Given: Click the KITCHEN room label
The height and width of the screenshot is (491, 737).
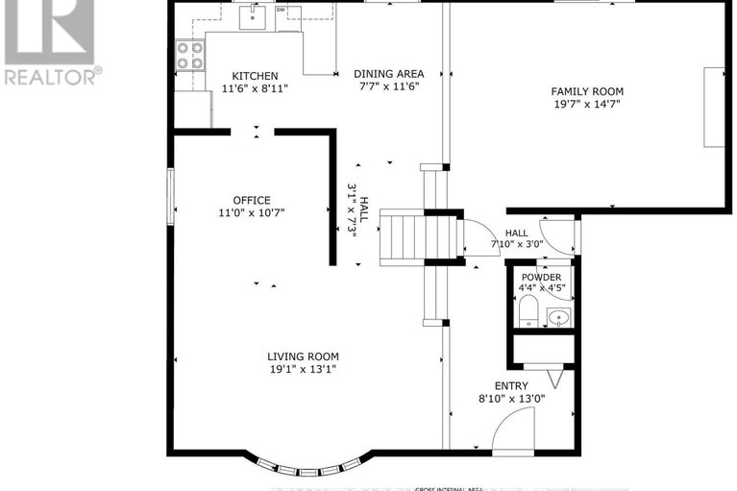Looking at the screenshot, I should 255,76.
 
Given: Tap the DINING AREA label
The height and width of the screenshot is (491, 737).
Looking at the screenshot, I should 387,73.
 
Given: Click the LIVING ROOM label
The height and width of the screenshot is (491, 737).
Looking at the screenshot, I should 303,356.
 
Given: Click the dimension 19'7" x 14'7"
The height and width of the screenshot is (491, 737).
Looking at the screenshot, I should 585,104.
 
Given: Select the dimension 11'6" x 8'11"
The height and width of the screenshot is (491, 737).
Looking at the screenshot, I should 255,88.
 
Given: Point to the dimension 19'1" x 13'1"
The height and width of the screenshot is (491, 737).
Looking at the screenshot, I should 303,369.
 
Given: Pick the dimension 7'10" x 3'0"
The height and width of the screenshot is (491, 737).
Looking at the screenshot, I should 517,244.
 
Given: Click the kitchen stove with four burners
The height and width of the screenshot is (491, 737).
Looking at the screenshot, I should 189,56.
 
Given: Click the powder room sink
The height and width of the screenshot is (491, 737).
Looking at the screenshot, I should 557,316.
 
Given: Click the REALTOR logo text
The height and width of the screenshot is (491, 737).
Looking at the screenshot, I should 52,75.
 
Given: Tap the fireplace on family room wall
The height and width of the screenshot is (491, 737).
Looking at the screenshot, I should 713,107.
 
